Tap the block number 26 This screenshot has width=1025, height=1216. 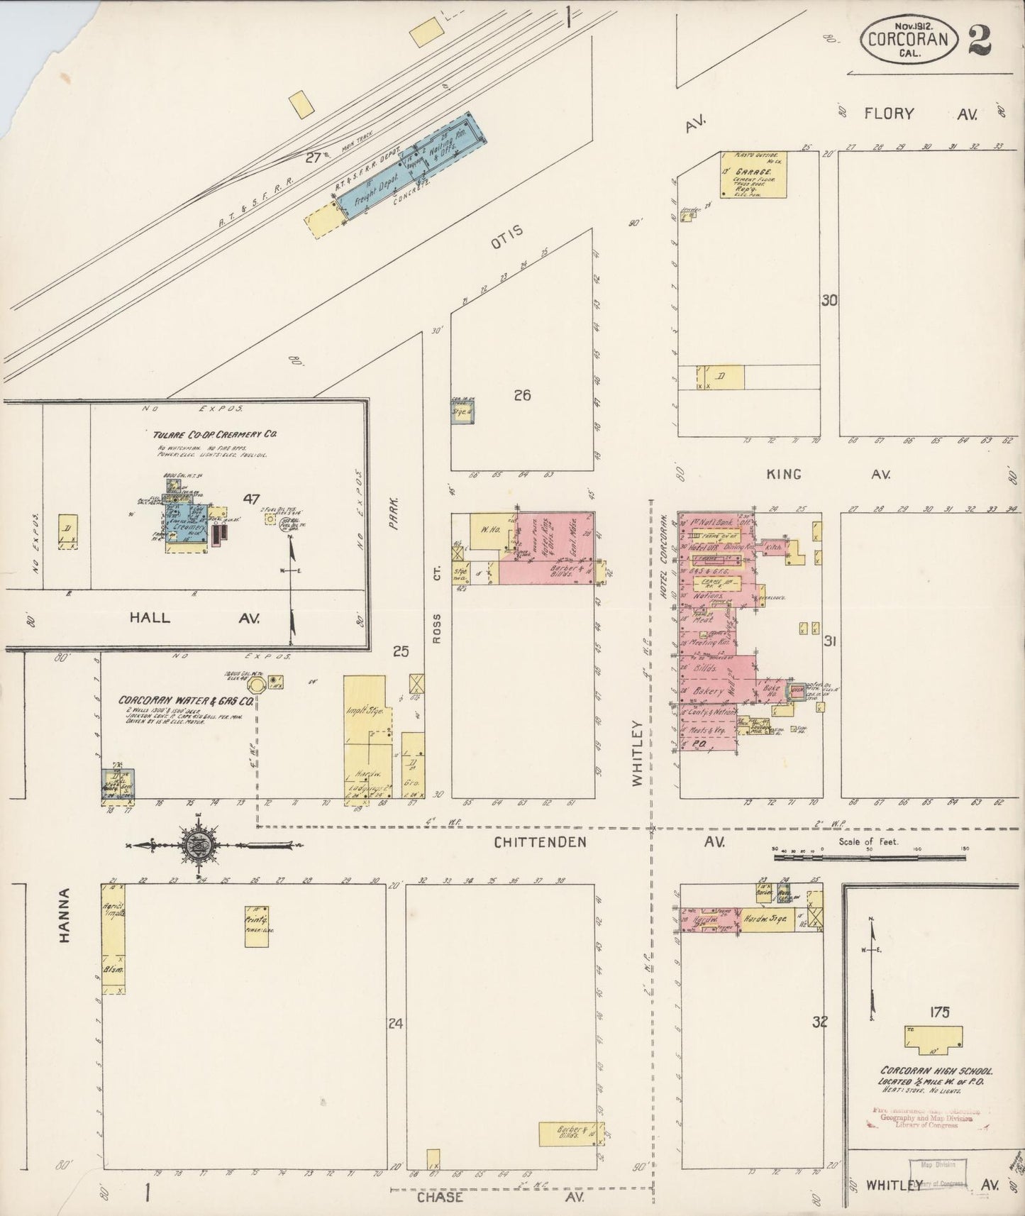522,395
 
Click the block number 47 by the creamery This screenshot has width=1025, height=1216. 251,499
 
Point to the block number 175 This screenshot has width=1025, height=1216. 938,1012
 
